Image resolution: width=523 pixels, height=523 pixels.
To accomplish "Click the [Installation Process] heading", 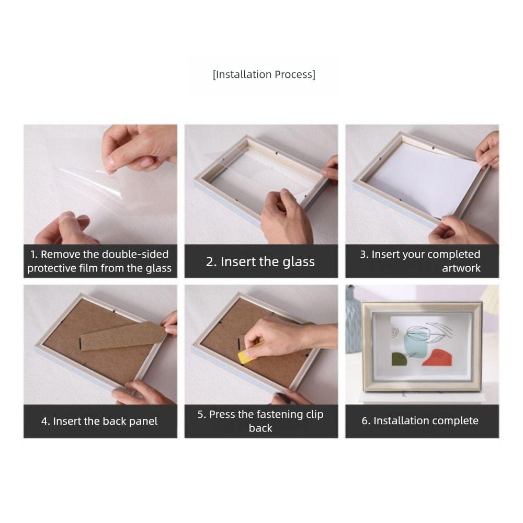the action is point(264,74).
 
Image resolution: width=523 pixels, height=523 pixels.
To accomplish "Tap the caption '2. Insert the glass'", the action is point(260,261).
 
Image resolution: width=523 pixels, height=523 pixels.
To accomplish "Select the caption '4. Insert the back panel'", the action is point(99,421).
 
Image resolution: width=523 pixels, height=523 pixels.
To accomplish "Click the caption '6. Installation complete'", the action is point(420,420).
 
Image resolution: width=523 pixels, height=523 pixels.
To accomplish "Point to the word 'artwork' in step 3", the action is point(461,268).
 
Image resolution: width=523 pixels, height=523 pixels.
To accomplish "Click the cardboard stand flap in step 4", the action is point(123,336).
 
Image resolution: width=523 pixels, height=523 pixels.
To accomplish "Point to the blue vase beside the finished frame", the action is point(353,320).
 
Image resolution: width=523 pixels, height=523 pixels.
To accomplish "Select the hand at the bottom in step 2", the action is point(286,217).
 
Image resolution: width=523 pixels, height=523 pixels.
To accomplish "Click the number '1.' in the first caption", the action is point(33,255).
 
